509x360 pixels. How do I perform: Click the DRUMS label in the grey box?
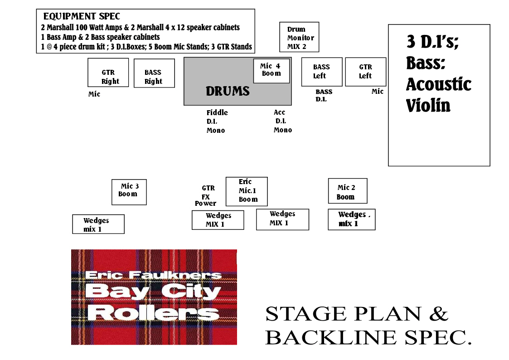(228, 91)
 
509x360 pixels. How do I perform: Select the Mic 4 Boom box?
(271, 70)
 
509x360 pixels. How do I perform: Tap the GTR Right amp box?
(108, 73)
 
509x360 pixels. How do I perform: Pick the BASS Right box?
(154, 73)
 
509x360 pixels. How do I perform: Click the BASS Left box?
(321, 72)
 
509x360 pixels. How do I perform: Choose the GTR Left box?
(365, 72)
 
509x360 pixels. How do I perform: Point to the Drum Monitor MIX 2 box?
(299, 37)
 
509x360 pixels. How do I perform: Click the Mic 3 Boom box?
(129, 192)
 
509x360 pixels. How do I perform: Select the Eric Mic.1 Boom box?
(247, 191)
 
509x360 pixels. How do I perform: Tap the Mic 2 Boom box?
(347, 191)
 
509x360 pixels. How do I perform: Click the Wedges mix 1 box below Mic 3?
(98, 224)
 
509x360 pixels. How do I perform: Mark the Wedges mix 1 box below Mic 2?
(351, 219)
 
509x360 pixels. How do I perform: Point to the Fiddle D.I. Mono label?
(217, 122)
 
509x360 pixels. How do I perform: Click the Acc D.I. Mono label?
(282, 122)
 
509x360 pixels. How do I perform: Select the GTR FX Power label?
(207, 196)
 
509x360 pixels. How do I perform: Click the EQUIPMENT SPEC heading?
(82, 16)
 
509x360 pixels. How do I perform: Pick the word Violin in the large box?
(428, 106)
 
